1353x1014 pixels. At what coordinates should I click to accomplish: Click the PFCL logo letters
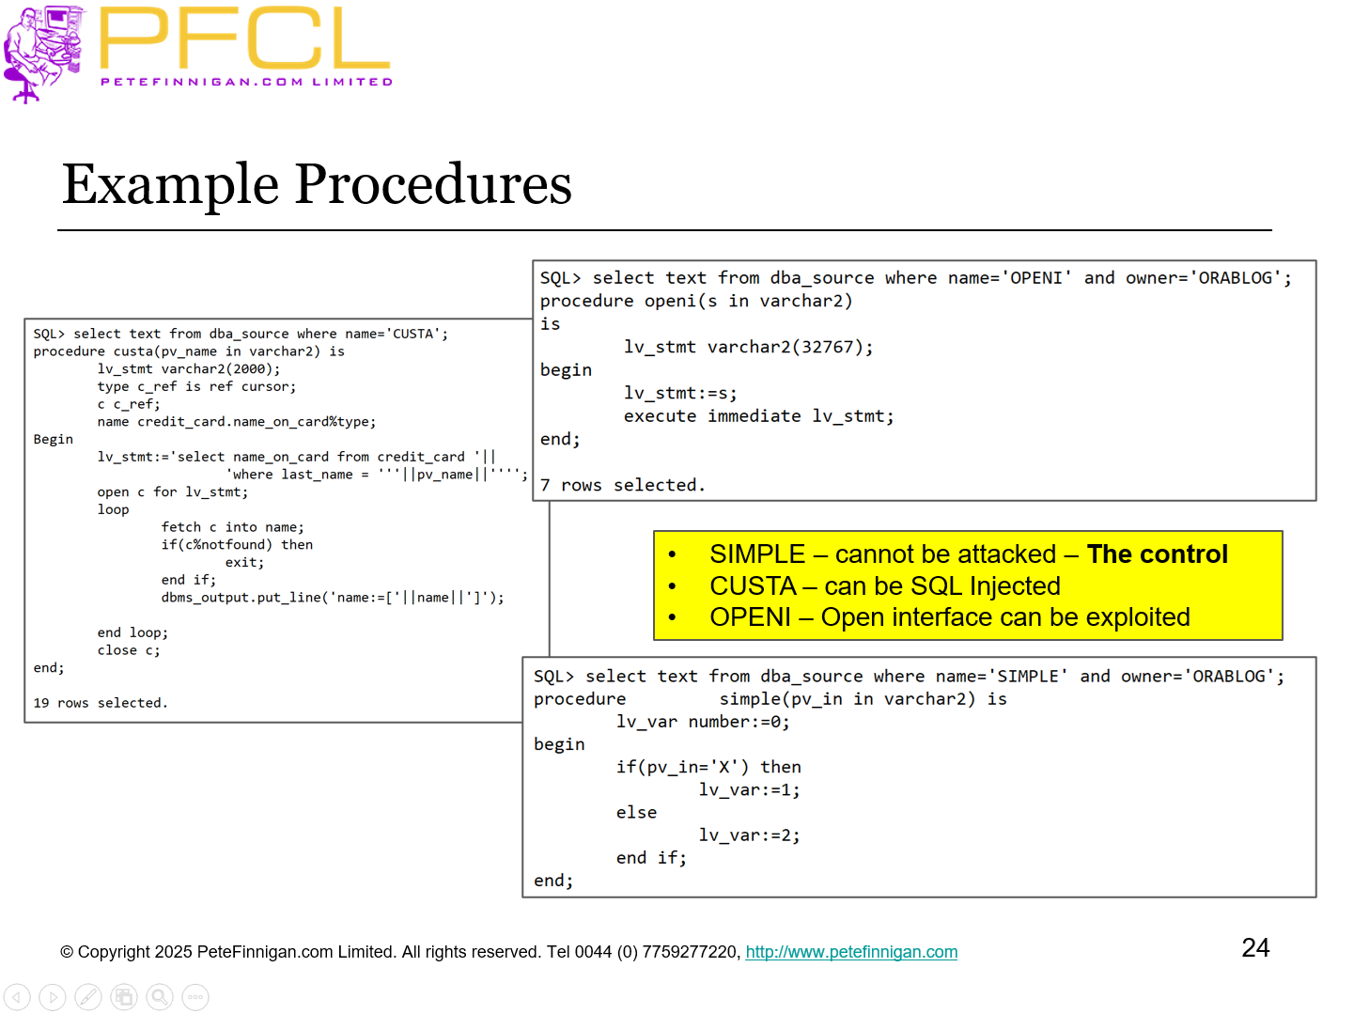pyautogui.click(x=244, y=39)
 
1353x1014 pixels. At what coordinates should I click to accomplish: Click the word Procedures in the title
pyautogui.click(x=433, y=184)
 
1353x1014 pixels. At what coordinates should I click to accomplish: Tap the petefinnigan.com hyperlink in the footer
pyautogui.click(x=851, y=952)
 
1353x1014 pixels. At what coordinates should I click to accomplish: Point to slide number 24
pyautogui.click(x=1255, y=947)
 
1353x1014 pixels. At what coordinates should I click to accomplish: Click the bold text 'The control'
pyautogui.click(x=1157, y=554)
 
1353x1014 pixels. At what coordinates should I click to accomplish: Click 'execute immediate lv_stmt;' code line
pyautogui.click(x=758, y=416)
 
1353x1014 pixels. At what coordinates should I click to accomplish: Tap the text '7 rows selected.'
pyautogui.click(x=622, y=485)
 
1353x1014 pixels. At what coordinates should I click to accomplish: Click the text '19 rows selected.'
pyautogui.click(x=101, y=703)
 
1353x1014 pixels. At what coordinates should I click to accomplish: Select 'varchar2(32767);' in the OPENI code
pyautogui.click(x=789, y=347)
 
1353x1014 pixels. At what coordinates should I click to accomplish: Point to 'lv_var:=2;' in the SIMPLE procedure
pyautogui.click(x=749, y=835)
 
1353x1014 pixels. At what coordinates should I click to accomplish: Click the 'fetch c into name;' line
pyautogui.click(x=232, y=527)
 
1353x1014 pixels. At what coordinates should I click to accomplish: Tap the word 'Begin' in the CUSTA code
pyautogui.click(x=53, y=439)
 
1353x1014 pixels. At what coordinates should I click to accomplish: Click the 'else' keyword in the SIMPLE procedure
pyautogui.click(x=636, y=813)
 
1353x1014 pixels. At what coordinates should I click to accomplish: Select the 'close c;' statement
pyautogui.click(x=128, y=650)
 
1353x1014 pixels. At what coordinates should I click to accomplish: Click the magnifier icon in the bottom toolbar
pyautogui.click(x=160, y=997)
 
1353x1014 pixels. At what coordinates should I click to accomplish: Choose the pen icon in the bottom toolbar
pyautogui.click(x=88, y=997)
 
